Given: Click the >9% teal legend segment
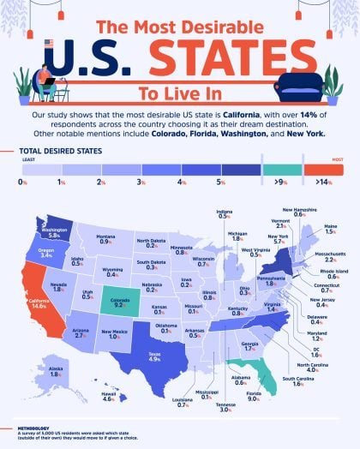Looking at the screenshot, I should (x=281, y=171).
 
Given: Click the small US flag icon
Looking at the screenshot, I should (x=48, y=44).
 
